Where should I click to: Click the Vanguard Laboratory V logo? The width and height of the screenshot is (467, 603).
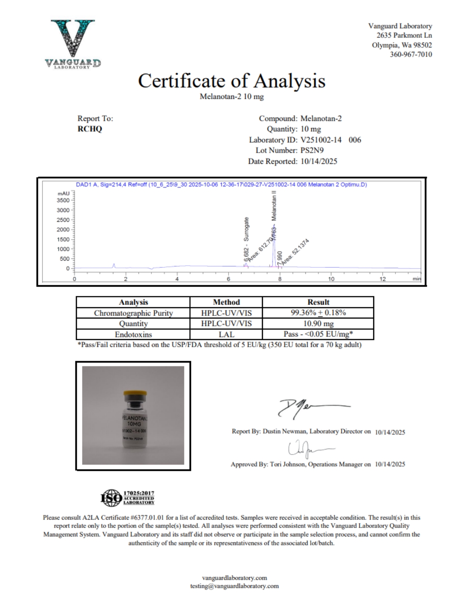pos(73,44)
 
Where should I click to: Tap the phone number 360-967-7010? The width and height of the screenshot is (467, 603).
pos(411,54)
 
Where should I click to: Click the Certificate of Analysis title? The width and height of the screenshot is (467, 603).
pos(231,81)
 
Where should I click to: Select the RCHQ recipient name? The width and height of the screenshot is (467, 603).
pos(90,129)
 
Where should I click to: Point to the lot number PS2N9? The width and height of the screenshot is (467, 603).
pos(312,150)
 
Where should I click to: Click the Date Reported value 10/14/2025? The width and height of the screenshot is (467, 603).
pos(319,161)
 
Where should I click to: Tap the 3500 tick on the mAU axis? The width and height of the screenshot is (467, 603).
pos(63,200)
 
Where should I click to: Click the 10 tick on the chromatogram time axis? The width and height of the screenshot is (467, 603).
pos(331,279)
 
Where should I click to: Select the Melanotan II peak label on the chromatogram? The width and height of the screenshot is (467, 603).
pos(274,206)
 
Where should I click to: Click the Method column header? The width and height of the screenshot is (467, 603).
pos(226,302)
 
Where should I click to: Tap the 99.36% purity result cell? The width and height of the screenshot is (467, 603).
pos(318,313)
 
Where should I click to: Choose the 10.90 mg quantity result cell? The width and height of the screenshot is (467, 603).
pos(318,324)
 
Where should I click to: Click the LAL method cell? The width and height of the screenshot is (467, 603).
pos(226,334)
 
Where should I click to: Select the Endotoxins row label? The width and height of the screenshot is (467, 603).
pos(133,334)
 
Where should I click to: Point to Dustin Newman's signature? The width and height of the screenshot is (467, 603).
pos(313,407)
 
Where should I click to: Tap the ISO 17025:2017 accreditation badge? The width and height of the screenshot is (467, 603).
pos(128,498)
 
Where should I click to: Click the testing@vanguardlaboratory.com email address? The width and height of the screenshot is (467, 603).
pos(234,586)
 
